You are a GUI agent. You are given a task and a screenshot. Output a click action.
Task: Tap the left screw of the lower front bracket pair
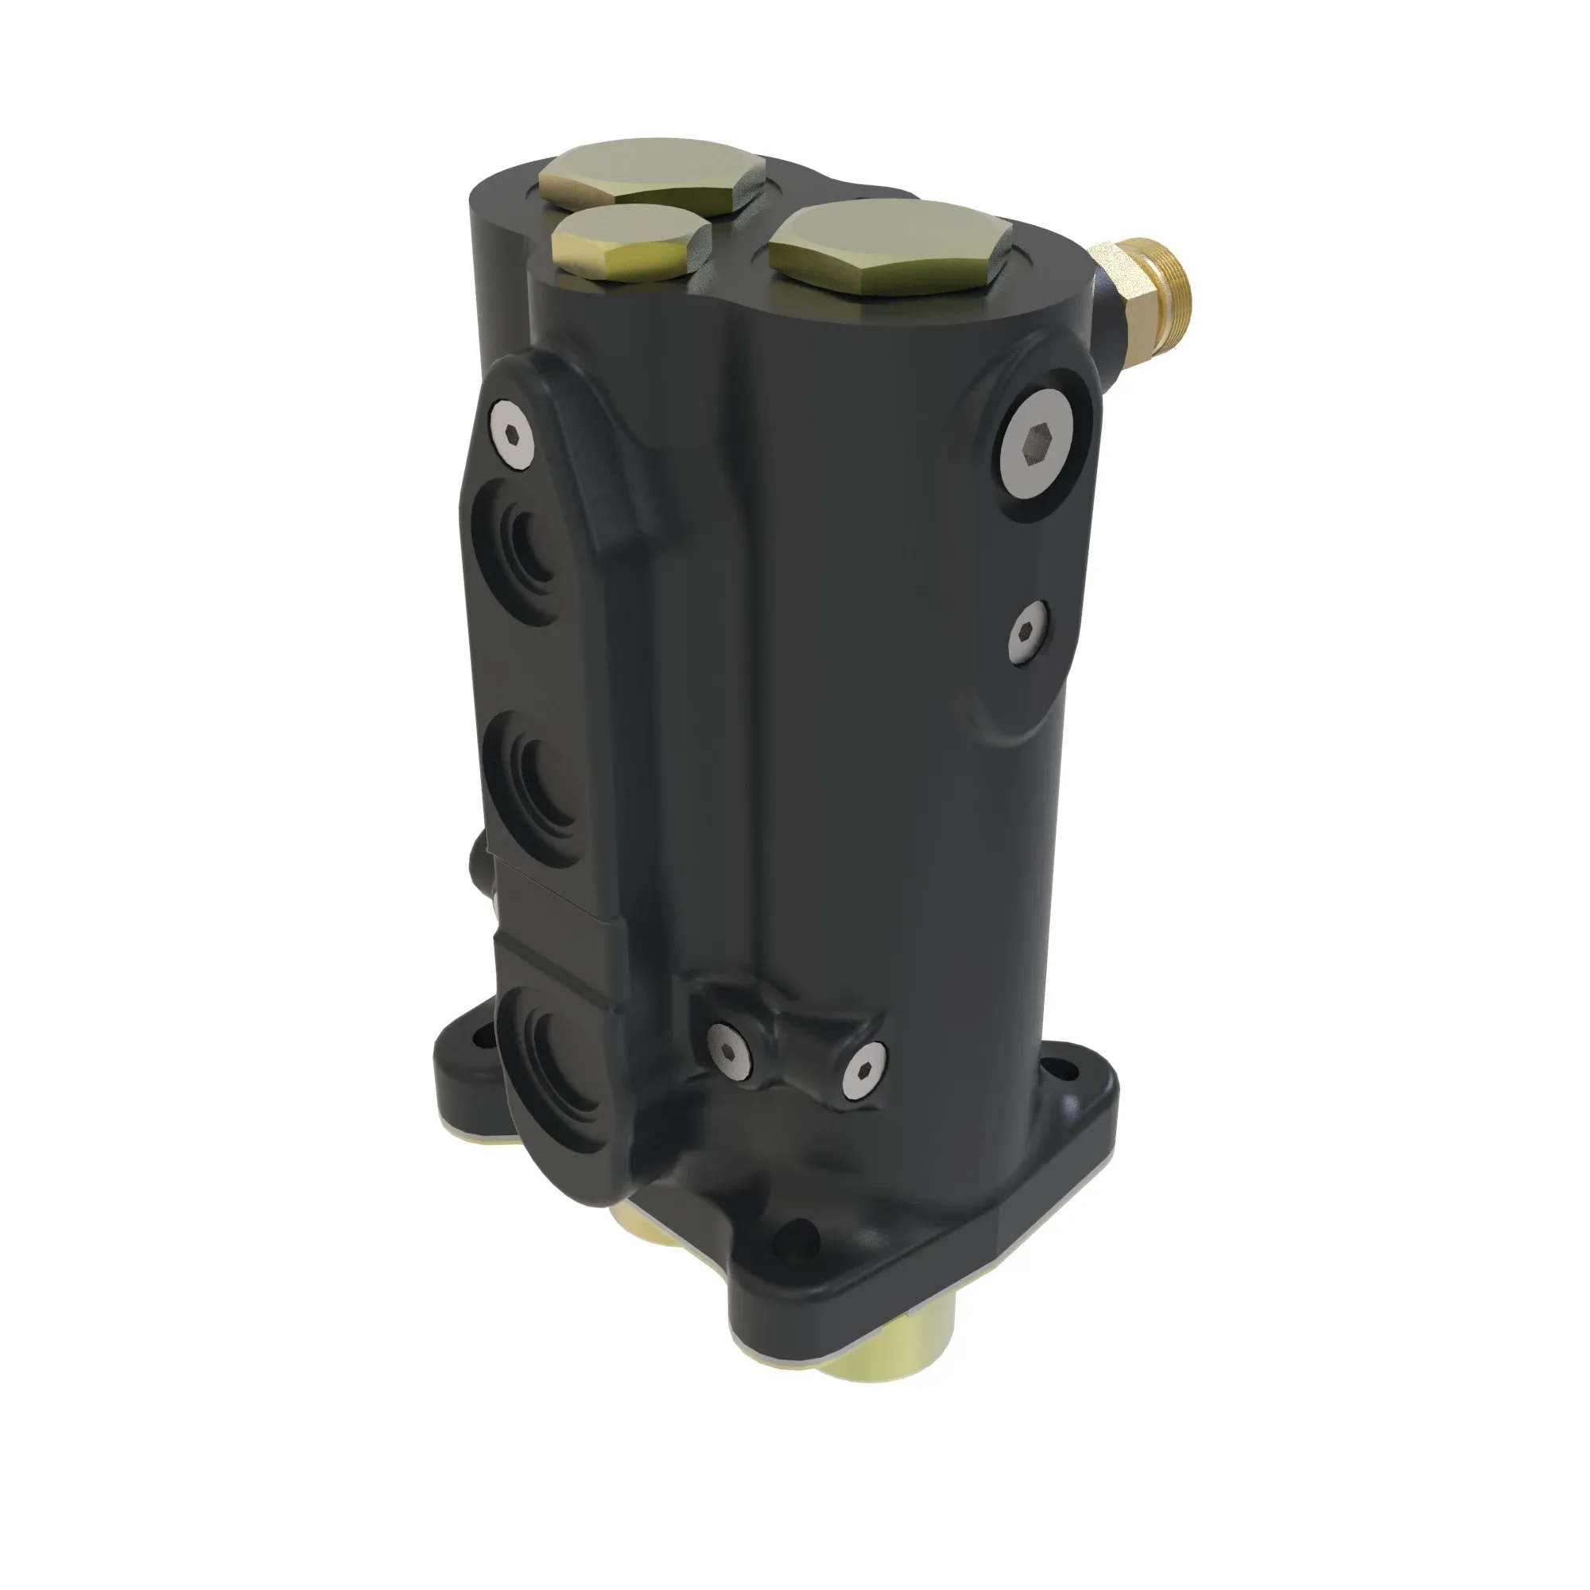[729, 1056]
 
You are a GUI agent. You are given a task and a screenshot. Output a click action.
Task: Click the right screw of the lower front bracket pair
[866, 1071]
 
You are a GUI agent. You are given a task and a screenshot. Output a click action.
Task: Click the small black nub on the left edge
[475, 856]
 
